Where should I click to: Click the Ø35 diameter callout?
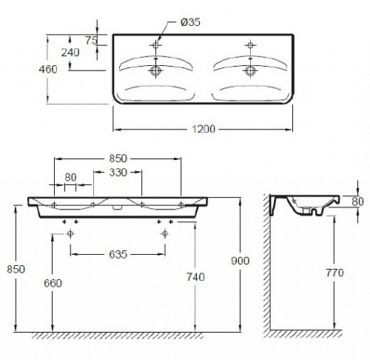coord(190,22)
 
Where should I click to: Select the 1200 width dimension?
coord(203,129)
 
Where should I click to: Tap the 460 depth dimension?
coord(48,69)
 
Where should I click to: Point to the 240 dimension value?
coord(70,53)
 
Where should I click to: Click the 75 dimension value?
coord(92,40)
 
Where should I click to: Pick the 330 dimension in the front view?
coord(118,173)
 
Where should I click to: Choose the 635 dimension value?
coord(118,254)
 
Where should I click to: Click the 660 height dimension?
coord(53,283)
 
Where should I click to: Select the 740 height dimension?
coord(195,277)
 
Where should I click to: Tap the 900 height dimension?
coord(240,261)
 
